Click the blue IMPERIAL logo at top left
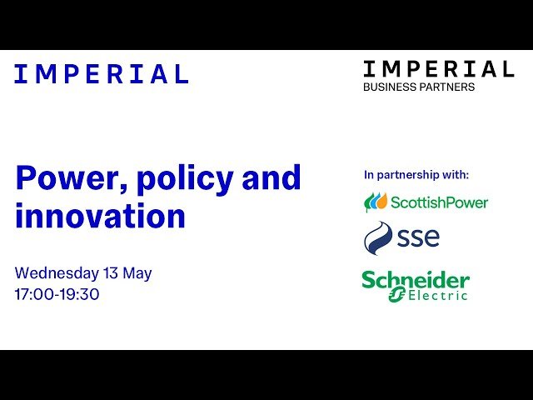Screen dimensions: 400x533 point(102,74)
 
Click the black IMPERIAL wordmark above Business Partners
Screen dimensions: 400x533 point(438,68)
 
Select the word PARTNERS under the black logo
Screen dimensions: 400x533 point(448,87)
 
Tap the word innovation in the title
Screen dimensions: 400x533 point(100,217)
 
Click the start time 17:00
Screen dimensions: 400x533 point(35,294)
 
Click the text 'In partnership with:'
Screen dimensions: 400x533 point(416,175)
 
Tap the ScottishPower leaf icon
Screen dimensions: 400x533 point(376,202)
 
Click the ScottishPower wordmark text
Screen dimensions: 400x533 point(439,202)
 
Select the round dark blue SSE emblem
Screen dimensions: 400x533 point(379,238)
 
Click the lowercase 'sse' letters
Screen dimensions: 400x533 point(419,238)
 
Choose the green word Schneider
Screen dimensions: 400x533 point(415,279)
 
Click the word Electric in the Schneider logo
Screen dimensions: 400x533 point(438,294)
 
